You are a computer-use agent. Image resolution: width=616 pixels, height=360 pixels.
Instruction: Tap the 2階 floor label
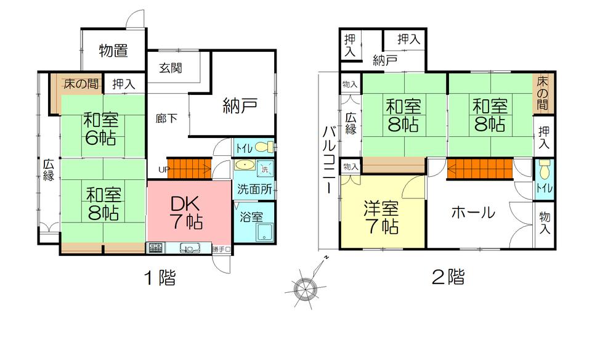448,277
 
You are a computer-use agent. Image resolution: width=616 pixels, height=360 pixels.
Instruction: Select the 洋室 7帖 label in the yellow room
383,217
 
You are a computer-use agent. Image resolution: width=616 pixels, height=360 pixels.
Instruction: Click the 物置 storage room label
113,51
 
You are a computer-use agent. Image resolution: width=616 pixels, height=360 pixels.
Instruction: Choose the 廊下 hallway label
166,118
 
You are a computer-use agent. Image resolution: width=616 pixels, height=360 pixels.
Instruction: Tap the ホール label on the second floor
473,213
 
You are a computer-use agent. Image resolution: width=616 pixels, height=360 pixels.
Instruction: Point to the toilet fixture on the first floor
263,148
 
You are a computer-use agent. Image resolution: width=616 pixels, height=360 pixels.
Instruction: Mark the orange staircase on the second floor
480,168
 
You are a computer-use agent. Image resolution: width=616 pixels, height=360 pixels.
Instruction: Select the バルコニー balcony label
329,159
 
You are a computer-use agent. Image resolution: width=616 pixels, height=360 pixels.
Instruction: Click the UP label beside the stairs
163,169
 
